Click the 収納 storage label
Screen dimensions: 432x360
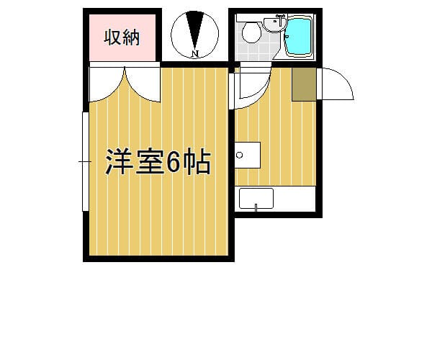(122, 37)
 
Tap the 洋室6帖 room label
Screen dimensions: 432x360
(158, 162)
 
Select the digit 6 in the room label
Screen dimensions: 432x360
(174, 162)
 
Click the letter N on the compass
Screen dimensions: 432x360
(195, 53)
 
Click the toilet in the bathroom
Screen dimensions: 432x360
(251, 31)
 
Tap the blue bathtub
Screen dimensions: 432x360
(298, 37)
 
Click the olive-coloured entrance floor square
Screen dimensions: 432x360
(304, 84)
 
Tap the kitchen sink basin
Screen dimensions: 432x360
(256, 198)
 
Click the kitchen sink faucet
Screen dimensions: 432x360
(256, 207)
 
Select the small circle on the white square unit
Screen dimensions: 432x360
(240, 155)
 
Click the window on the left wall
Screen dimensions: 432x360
(86, 161)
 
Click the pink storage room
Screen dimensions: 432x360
(122, 37)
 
